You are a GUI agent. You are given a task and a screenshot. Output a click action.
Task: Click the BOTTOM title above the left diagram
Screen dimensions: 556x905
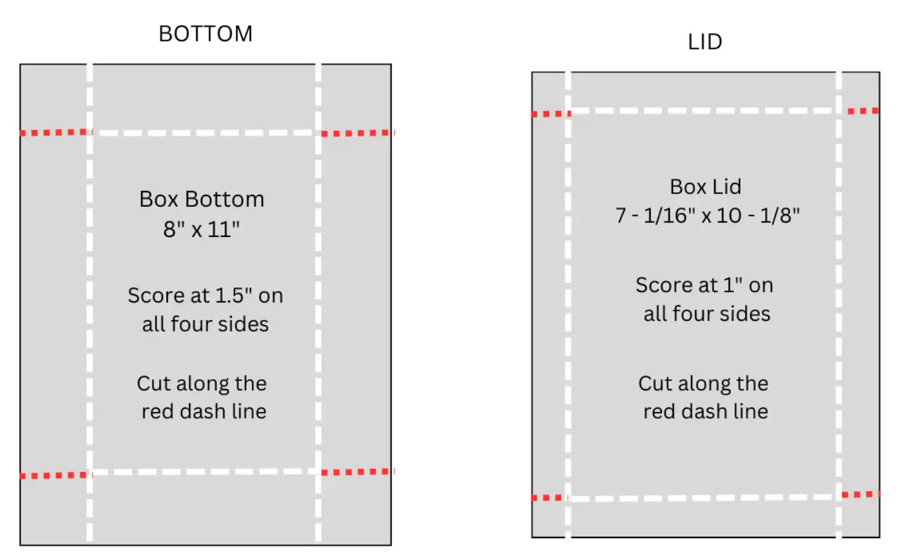[205, 34]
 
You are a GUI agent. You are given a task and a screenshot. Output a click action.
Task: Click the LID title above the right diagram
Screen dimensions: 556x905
[705, 42]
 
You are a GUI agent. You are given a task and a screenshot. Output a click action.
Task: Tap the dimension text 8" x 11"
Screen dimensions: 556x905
[201, 231]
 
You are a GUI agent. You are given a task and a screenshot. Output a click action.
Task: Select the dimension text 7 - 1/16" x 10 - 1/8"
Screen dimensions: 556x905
[707, 215]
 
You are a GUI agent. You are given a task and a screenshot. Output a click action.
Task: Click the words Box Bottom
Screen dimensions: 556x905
[201, 199]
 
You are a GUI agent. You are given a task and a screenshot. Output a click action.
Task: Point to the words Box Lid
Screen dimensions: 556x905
[706, 187]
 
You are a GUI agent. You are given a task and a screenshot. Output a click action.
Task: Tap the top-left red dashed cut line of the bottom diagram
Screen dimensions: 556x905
[54, 133]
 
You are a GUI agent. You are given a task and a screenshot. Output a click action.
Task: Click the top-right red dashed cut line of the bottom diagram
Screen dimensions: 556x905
[357, 133]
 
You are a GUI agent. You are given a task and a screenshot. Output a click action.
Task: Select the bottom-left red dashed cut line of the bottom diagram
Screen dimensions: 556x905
[54, 475]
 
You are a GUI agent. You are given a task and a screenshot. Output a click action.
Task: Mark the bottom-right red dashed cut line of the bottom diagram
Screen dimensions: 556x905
[357, 472]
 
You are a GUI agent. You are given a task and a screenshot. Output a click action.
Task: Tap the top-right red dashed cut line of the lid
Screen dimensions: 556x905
[862, 111]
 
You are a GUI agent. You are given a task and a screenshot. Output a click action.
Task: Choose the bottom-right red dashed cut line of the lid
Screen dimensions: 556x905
[861, 495]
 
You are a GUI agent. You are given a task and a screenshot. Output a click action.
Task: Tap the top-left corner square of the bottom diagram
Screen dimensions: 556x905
[54, 98]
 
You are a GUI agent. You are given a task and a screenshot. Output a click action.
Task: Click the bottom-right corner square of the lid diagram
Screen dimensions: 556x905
[861, 516]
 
